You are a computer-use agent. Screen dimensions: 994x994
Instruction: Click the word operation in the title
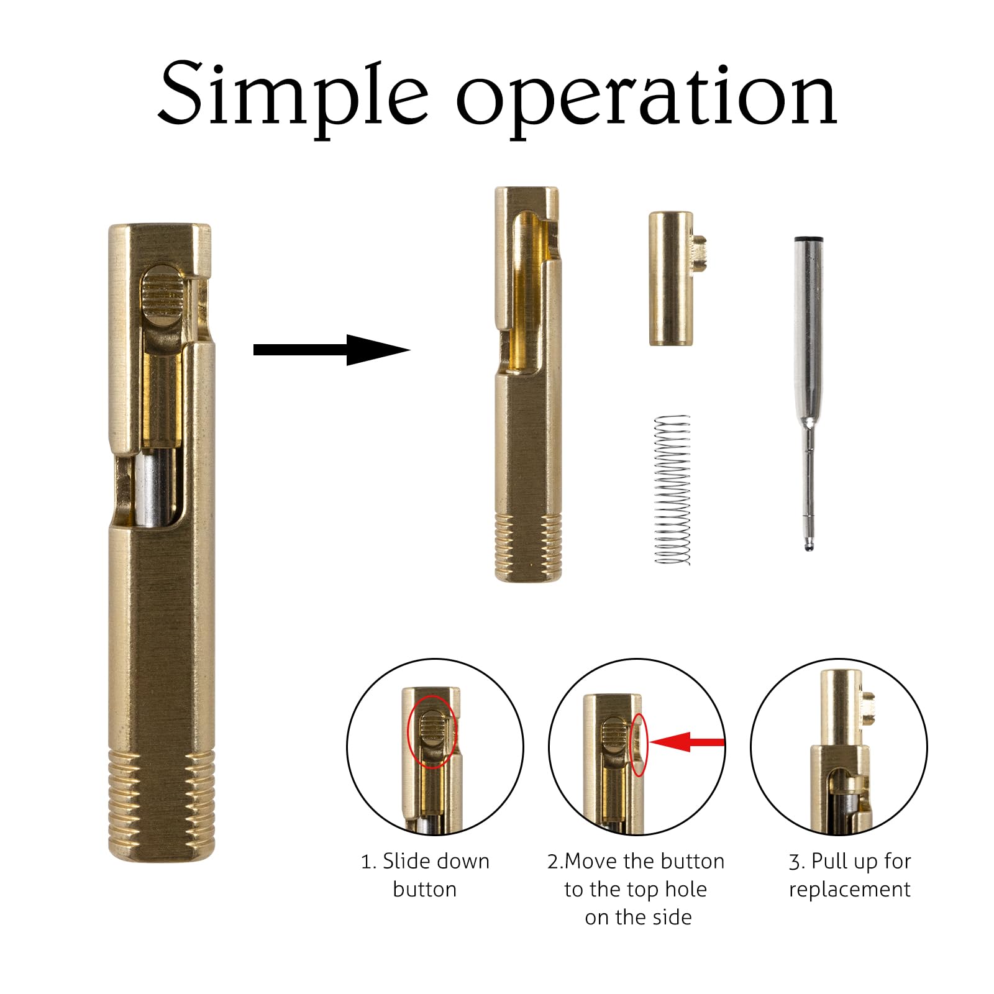pyautogui.click(x=647, y=99)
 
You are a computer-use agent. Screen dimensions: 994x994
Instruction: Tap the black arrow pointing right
pyautogui.click(x=332, y=350)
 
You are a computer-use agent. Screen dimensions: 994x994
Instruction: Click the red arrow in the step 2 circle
pyautogui.click(x=687, y=742)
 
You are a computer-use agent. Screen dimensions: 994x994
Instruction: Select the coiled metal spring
pyautogui.click(x=673, y=490)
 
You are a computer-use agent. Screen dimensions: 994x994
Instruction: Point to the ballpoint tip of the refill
pyautogui.click(x=808, y=545)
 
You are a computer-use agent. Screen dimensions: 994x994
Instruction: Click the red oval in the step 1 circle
pyautogui.click(x=432, y=732)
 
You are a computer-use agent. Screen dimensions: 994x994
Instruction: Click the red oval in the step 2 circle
pyautogui.click(x=639, y=744)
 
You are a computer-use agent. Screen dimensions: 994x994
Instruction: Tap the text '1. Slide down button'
pyautogui.click(x=425, y=875)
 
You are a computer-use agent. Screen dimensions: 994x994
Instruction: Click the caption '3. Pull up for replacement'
pyautogui.click(x=850, y=875)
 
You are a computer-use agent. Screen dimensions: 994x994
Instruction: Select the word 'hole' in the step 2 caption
pyautogui.click(x=686, y=889)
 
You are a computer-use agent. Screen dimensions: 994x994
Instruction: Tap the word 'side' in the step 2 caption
pyautogui.click(x=672, y=917)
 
